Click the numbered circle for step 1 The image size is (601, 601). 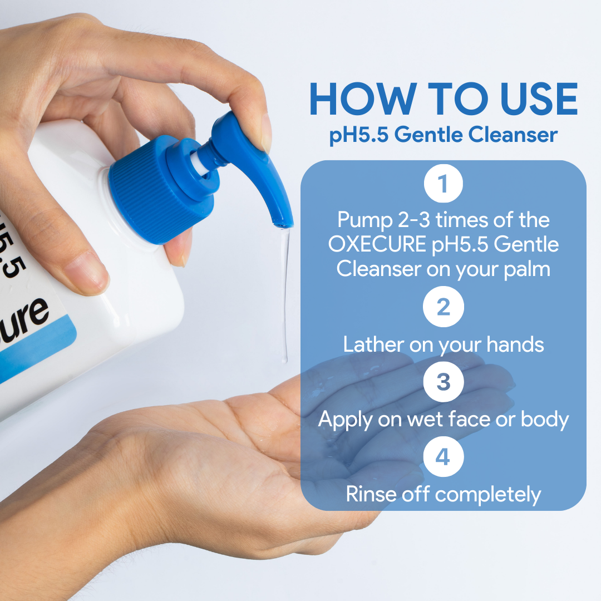tap(444, 183)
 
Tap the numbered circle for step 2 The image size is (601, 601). tap(444, 307)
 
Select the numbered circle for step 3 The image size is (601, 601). tap(444, 382)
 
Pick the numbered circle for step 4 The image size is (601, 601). tap(444, 456)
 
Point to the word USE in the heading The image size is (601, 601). tap(539, 99)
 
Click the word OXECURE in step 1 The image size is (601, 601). tap(377, 244)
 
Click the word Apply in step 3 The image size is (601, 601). tap(344, 420)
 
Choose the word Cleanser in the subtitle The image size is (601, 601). tap(513, 135)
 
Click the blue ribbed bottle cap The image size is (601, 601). tap(161, 190)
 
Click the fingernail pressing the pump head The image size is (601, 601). tap(265, 132)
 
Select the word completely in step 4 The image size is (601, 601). tap(488, 495)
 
